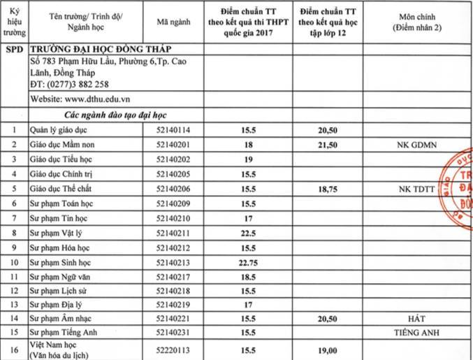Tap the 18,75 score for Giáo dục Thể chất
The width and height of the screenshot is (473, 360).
328,189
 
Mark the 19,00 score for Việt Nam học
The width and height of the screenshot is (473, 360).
328,350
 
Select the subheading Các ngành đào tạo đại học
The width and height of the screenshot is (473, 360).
106,114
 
